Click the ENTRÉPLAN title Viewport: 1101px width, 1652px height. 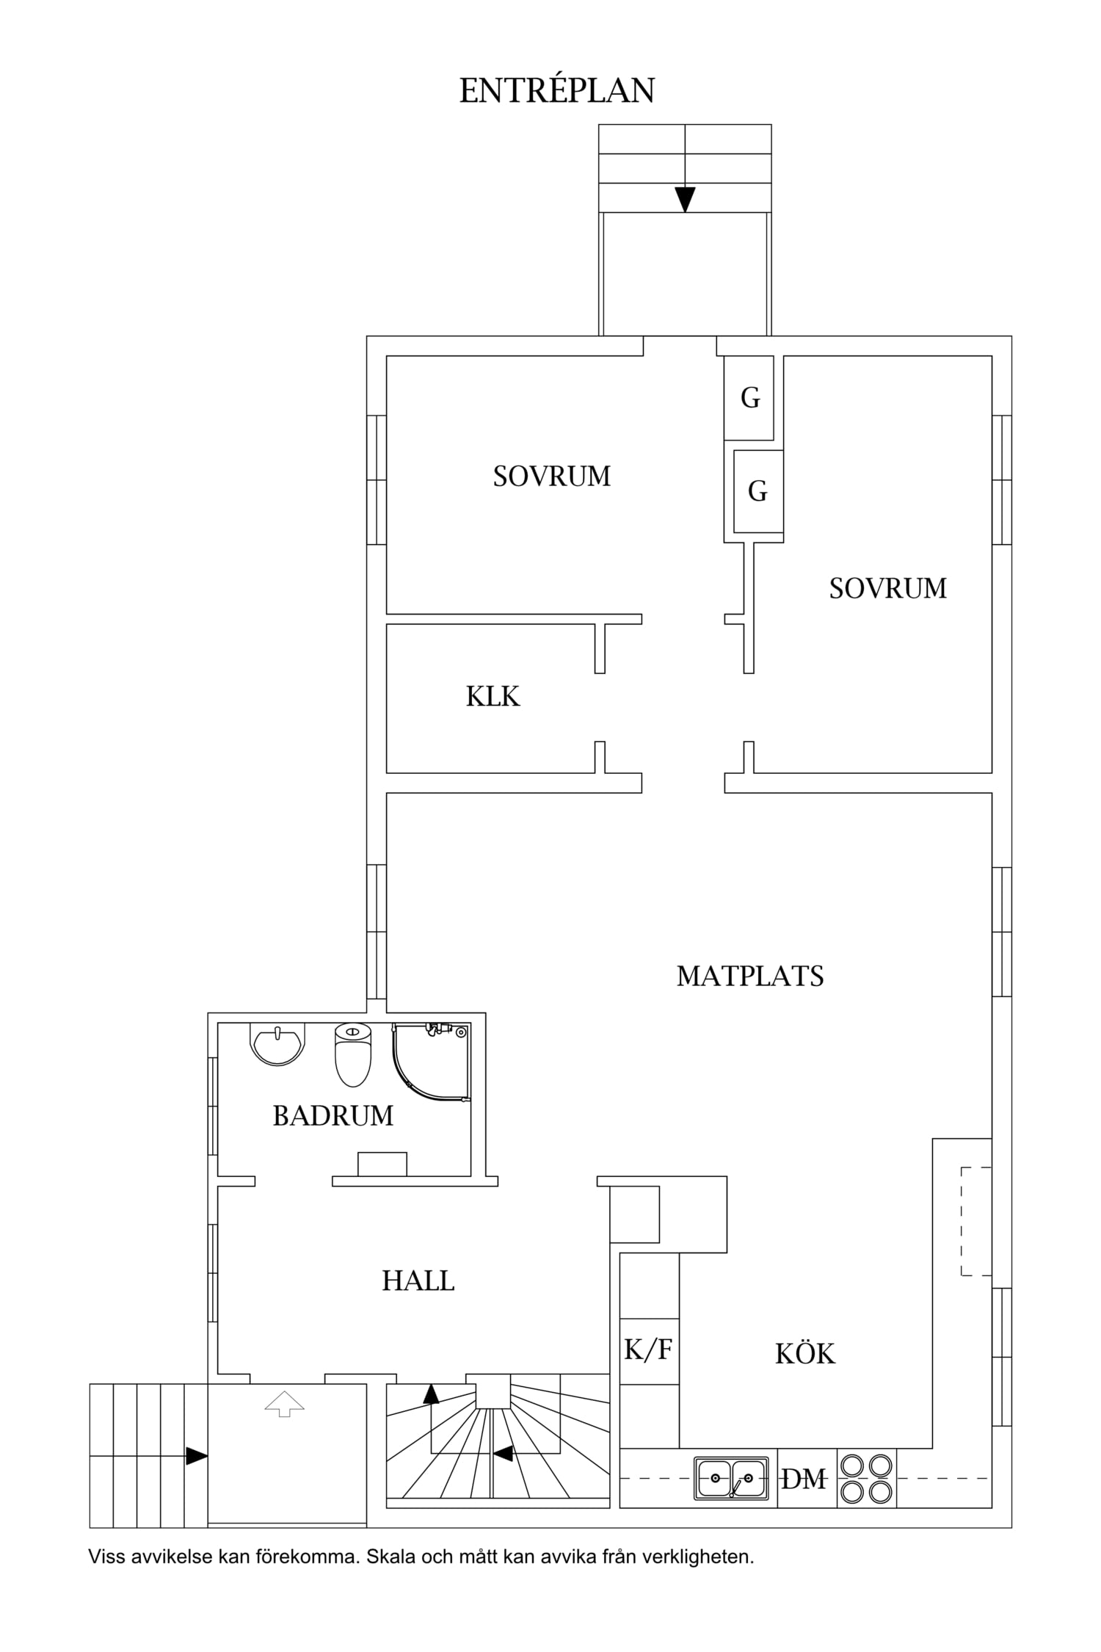tap(557, 90)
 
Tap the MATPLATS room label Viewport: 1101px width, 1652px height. tap(750, 976)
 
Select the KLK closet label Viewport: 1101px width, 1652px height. tap(493, 697)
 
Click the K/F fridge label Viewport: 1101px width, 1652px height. tap(648, 1349)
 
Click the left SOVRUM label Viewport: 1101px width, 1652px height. tap(552, 477)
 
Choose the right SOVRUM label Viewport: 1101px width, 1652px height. tap(888, 588)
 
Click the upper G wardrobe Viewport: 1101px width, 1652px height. tap(749, 398)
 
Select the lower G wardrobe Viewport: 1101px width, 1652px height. tap(758, 490)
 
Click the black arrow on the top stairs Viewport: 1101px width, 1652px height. tap(685, 200)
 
